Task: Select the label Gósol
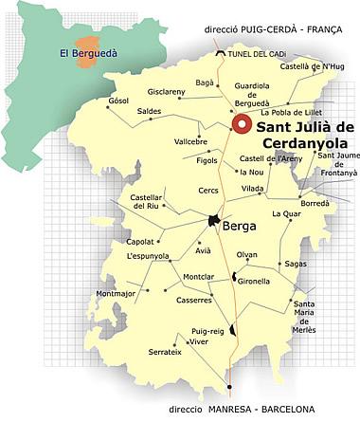(118, 101)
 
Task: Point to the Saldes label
(150, 111)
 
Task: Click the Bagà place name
(205, 83)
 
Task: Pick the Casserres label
(194, 301)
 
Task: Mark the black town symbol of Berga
(214, 221)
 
